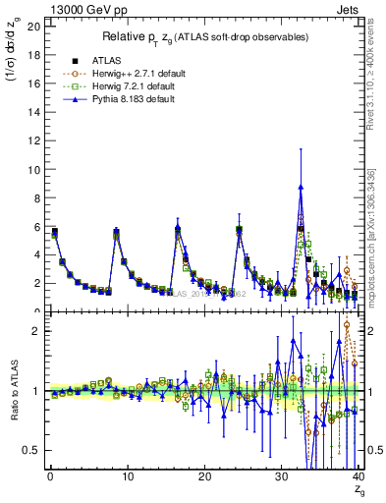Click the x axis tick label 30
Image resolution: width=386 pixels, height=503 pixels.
coord(281,477)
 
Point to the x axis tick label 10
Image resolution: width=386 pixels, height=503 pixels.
coord(127,477)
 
